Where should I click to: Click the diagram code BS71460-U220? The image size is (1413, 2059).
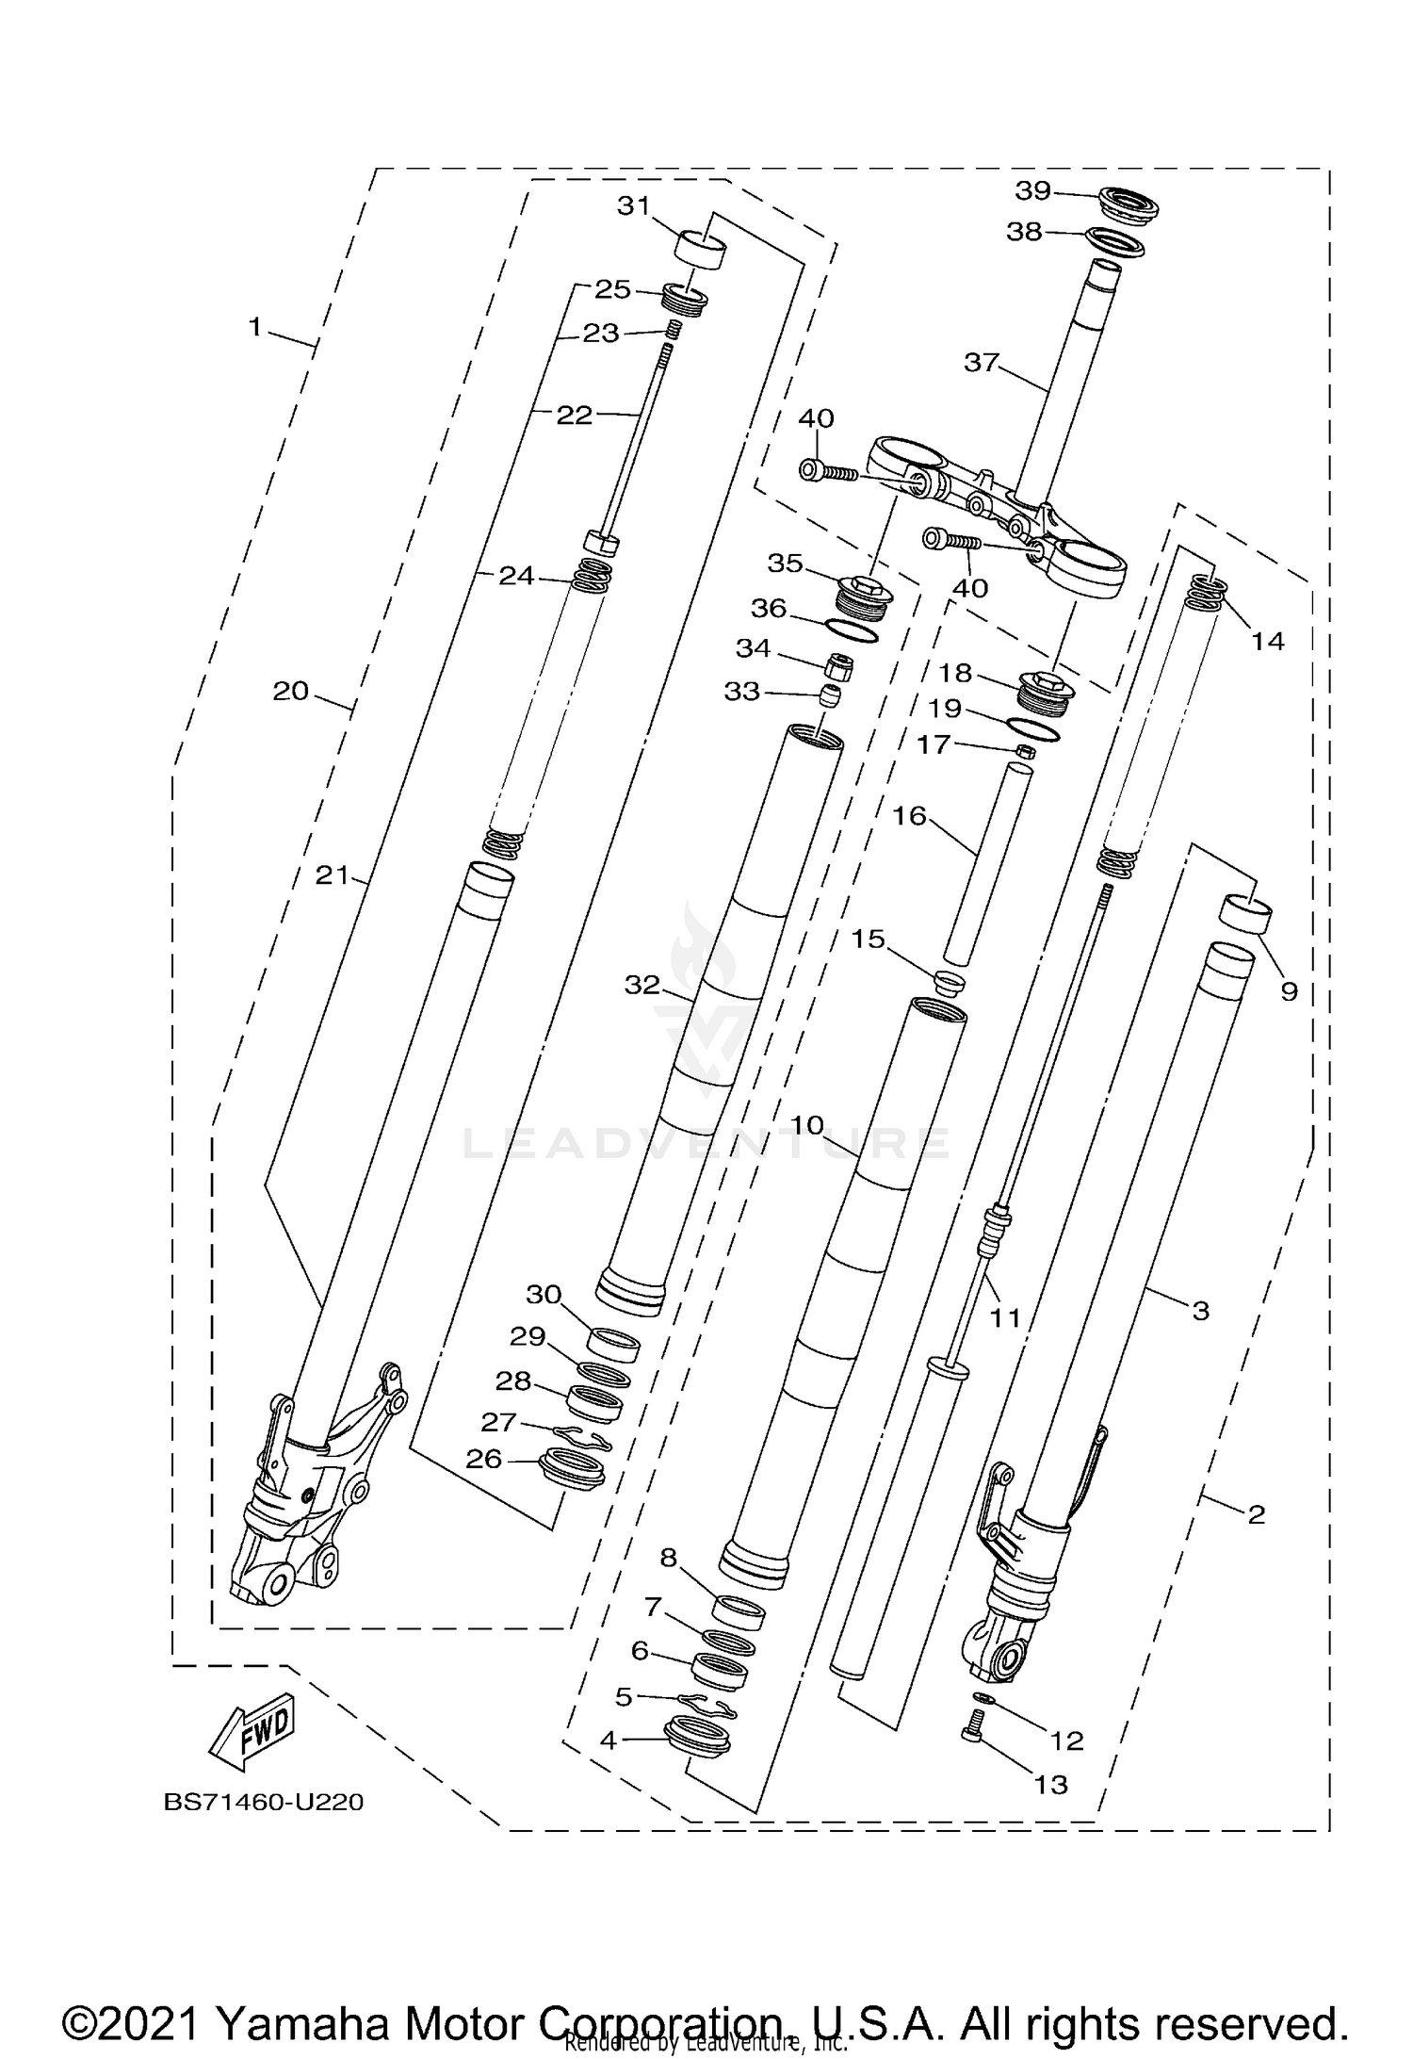264,1802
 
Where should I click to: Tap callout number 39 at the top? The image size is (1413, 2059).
1032,190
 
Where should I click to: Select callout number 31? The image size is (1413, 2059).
634,205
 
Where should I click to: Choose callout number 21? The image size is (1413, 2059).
332,875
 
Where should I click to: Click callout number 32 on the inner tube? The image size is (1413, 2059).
642,985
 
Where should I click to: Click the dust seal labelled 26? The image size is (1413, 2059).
570,1470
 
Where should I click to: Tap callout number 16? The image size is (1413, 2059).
910,815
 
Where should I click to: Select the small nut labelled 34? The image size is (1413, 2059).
838,668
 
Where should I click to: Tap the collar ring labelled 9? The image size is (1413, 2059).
1246,915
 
